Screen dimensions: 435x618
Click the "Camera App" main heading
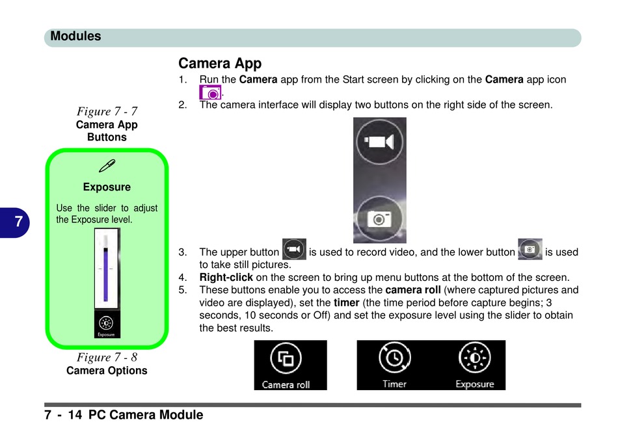tap(220, 64)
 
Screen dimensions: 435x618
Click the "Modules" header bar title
tap(75, 36)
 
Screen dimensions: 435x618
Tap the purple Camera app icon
tap(210, 92)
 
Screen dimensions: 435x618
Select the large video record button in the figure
tap(380, 141)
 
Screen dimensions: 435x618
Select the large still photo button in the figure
tap(379, 218)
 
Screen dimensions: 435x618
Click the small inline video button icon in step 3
tap(294, 250)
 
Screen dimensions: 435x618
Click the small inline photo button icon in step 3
tap(530, 250)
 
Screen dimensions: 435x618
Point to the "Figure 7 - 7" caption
tap(107, 111)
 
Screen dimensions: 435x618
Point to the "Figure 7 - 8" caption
tap(107, 357)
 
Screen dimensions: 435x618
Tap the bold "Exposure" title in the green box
tap(107, 187)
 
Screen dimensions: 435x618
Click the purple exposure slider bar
tap(106, 273)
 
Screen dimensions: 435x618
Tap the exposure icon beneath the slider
tap(106, 324)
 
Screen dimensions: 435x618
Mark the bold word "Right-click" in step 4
tap(226, 277)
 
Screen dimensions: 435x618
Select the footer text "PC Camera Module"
tap(146, 415)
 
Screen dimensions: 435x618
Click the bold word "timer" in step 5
tap(347, 302)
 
